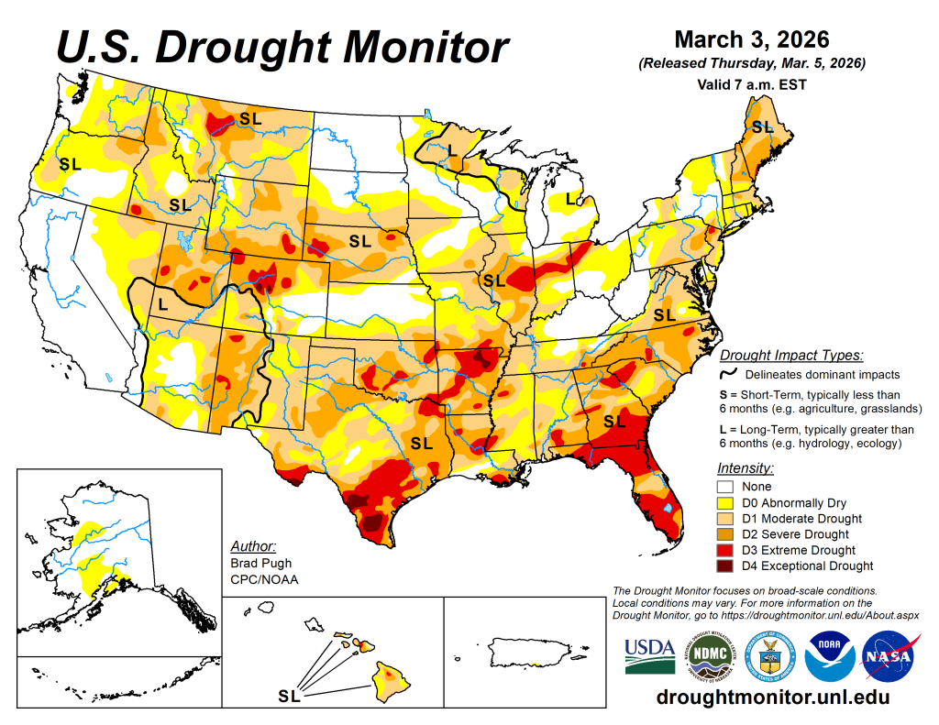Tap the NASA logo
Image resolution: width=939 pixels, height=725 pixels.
885,656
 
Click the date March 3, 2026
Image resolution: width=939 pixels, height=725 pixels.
751,40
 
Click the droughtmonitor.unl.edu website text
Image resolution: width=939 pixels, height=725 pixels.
772,698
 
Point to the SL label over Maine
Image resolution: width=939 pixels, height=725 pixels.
762,127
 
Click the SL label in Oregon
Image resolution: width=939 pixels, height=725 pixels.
70,165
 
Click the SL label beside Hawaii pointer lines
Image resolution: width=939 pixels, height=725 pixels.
288,697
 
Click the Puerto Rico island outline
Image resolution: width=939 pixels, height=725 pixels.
527,652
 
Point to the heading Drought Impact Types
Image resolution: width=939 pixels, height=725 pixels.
791,356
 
